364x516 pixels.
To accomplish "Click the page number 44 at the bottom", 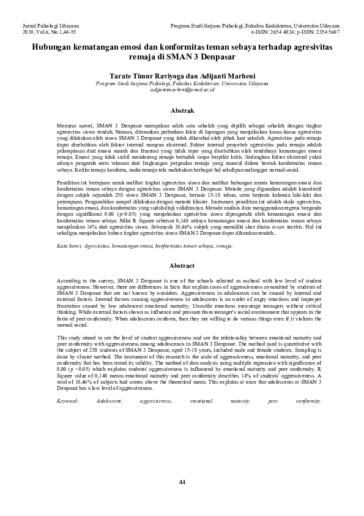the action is tap(182, 482).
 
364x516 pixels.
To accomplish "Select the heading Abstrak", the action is tap(182, 111).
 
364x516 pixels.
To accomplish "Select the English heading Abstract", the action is tap(182, 265).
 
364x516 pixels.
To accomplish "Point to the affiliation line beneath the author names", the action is tap(182, 83).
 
